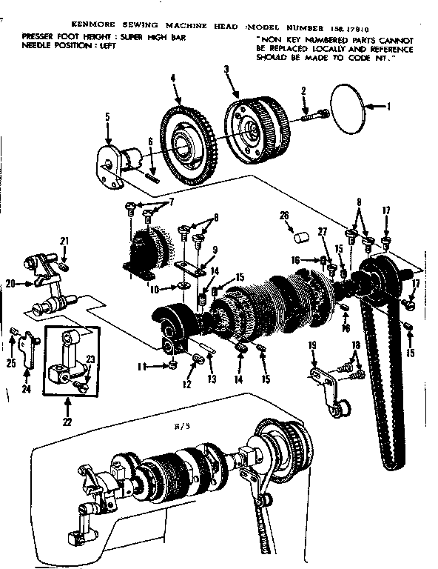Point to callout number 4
pos(172,78)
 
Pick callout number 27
pos(322,231)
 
